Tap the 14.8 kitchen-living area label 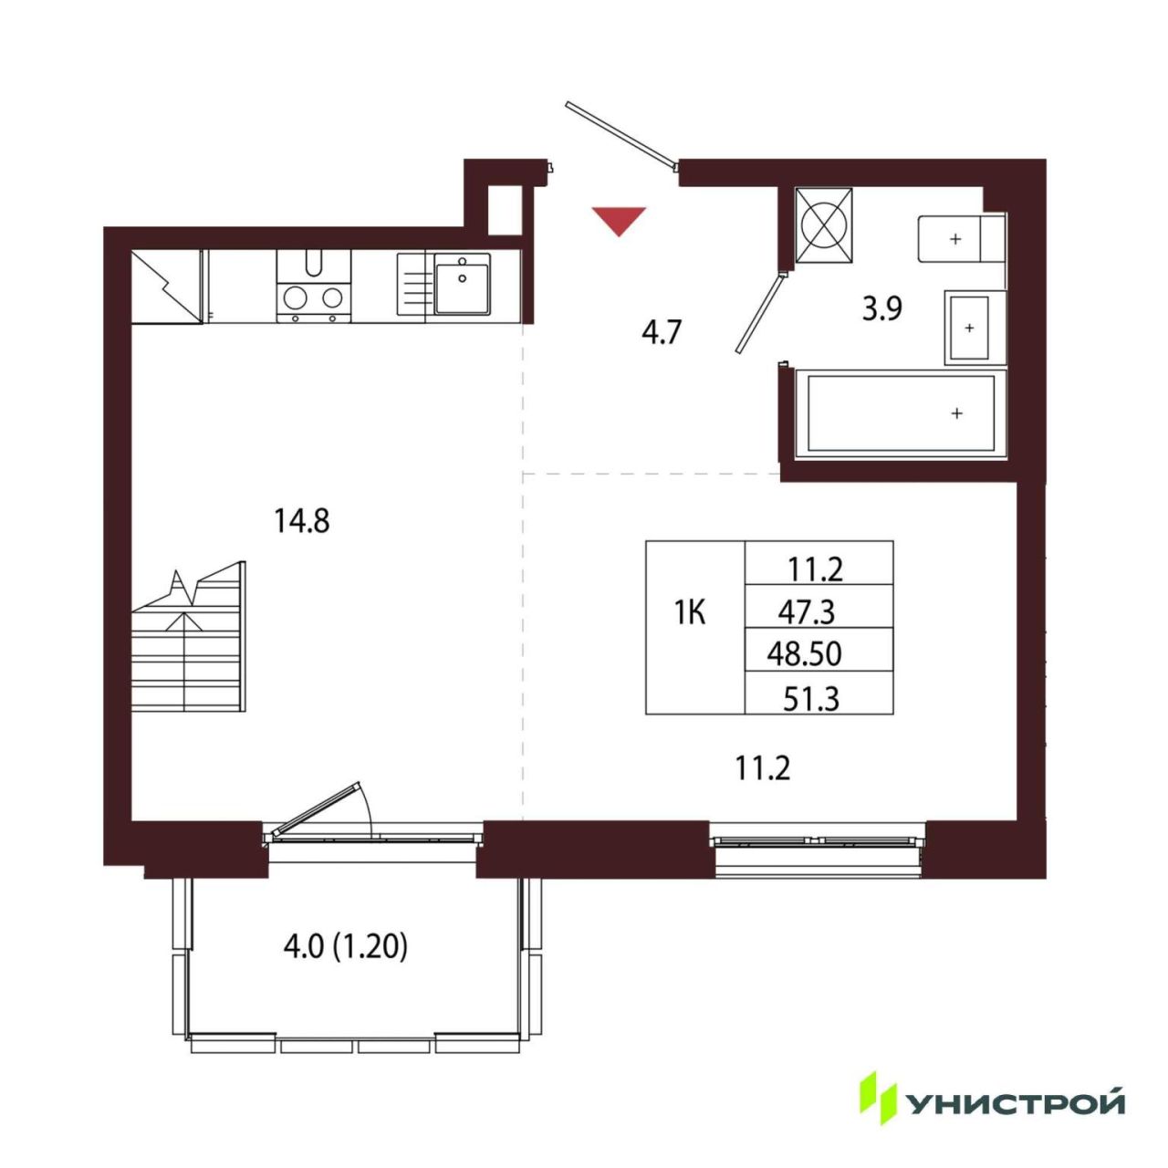(301, 521)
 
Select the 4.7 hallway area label (662, 333)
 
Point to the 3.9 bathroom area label (882, 309)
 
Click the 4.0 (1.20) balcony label (346, 947)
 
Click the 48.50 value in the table (804, 654)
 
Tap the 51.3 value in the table (811, 700)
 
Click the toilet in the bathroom (961, 238)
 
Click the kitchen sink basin (462, 283)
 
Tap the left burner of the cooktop (295, 297)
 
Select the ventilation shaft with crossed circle (823, 224)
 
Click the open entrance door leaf (620, 133)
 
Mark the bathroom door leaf (760, 313)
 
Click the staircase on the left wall (189, 636)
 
